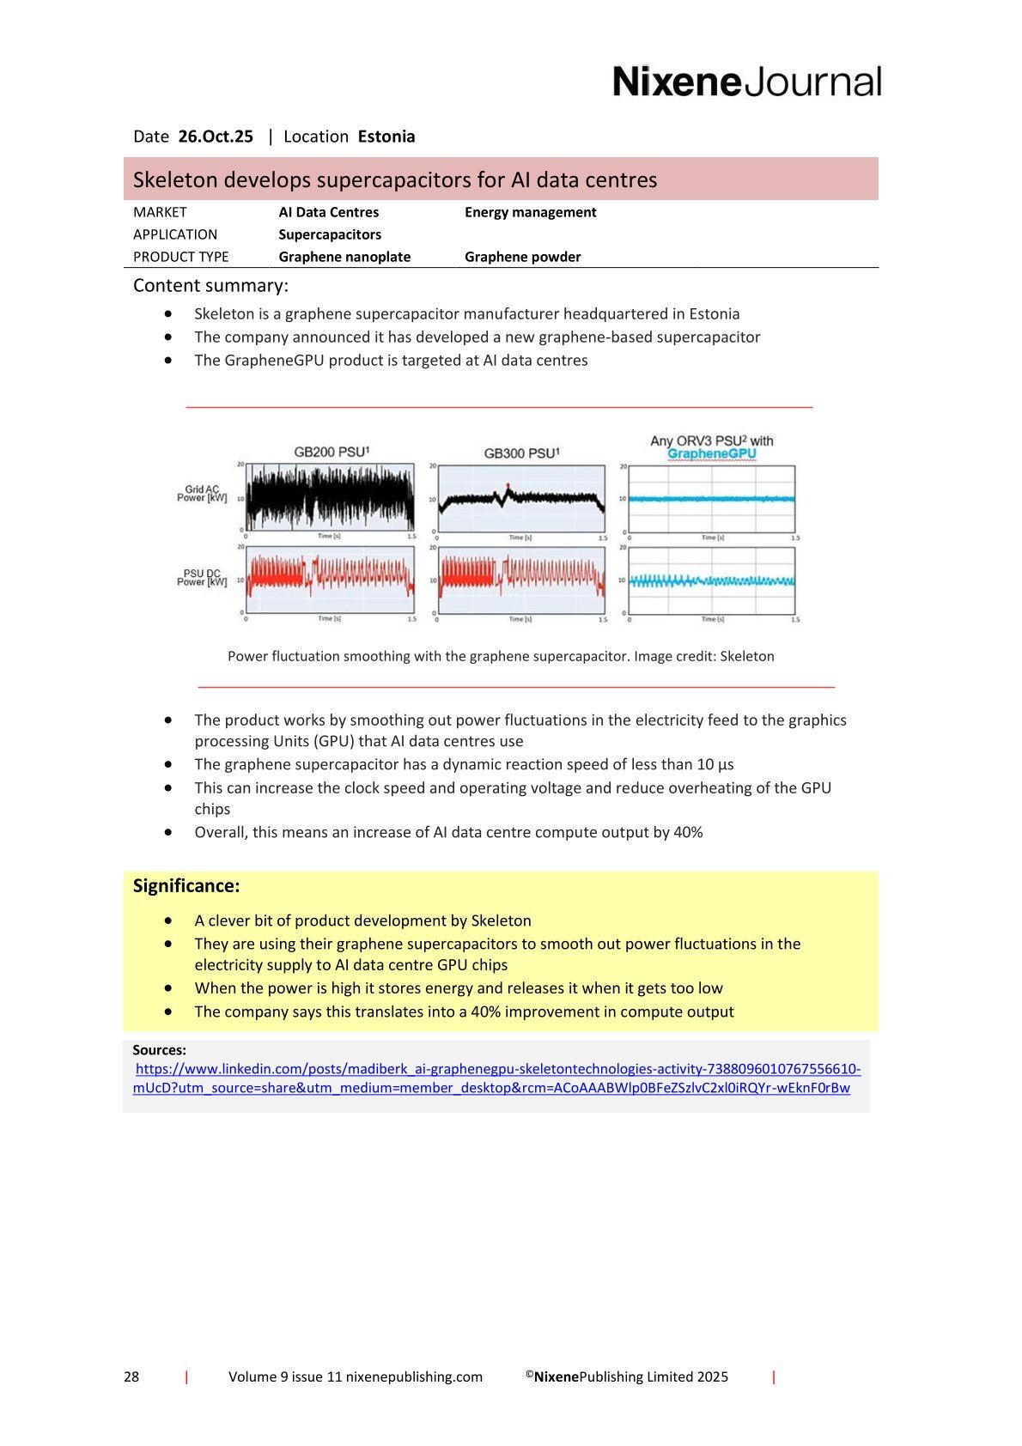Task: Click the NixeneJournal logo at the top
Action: coord(746,82)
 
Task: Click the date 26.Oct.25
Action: coord(216,137)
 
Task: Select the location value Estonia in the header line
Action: coord(386,137)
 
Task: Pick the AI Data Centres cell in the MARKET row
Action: coord(328,212)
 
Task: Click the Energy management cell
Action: coord(530,212)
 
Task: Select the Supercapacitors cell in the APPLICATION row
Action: coord(330,234)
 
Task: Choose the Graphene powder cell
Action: coord(522,257)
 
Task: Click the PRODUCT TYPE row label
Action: coord(180,257)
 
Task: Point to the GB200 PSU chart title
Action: coord(331,452)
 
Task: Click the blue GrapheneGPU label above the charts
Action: coord(711,453)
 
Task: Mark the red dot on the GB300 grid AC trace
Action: coord(508,485)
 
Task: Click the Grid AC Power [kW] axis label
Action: coord(202,494)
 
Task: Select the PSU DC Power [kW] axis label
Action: coord(202,577)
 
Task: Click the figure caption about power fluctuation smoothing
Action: coord(501,656)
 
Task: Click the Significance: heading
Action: coord(186,885)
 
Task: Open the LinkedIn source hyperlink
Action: coord(497,1069)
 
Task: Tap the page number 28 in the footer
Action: coord(131,1376)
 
